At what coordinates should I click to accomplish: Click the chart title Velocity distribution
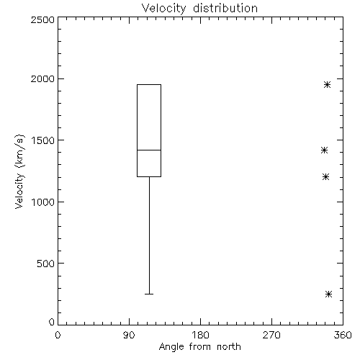click(199, 8)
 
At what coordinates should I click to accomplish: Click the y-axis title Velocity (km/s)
click(19, 171)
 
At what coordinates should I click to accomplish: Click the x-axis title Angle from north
click(199, 347)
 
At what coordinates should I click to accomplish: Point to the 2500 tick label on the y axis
click(42, 19)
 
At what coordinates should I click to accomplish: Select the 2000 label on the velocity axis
click(42, 78)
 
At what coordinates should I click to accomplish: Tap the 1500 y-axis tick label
click(43, 140)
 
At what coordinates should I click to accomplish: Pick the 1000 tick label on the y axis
click(43, 202)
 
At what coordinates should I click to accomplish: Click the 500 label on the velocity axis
click(46, 264)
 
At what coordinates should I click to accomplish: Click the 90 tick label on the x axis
click(129, 335)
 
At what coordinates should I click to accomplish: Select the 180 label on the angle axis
click(200, 335)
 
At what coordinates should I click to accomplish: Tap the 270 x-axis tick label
click(271, 335)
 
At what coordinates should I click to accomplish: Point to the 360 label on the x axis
click(343, 335)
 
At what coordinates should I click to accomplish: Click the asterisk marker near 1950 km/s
click(327, 84)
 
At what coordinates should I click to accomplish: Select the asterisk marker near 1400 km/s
click(324, 150)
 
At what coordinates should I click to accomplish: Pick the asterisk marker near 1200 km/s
click(325, 177)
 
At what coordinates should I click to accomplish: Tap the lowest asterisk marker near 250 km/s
click(328, 294)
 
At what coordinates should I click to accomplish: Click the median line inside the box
click(149, 150)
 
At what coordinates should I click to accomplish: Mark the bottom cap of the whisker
click(149, 294)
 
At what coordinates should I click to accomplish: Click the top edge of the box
click(149, 84)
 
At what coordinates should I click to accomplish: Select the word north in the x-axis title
click(229, 347)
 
